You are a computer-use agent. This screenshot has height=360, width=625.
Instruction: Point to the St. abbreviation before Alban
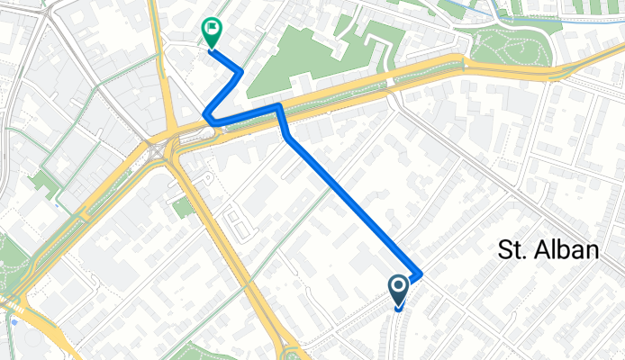click(511, 251)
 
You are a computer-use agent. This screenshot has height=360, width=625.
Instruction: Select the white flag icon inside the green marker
click(212, 29)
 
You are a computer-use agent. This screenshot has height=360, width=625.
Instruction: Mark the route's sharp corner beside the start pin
click(420, 273)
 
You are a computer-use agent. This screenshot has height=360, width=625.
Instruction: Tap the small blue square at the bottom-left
click(15, 320)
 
